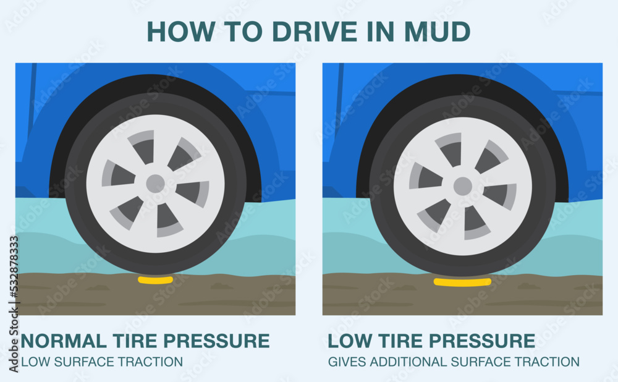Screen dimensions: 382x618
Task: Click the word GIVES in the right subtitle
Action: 346,362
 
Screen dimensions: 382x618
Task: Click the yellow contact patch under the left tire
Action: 155,280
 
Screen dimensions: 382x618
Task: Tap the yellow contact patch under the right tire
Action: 462,282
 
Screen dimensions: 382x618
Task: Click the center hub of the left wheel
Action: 155,184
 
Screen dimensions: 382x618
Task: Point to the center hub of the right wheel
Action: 462,186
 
